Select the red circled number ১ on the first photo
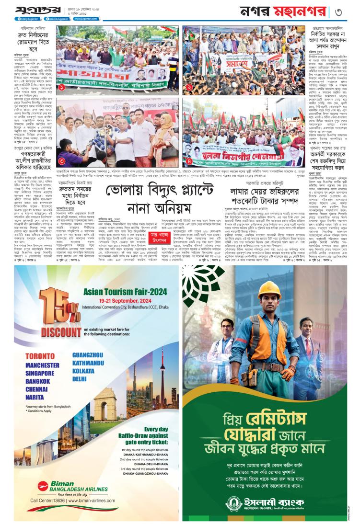[x=61, y=88]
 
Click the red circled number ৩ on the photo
[x=62, y=160]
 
